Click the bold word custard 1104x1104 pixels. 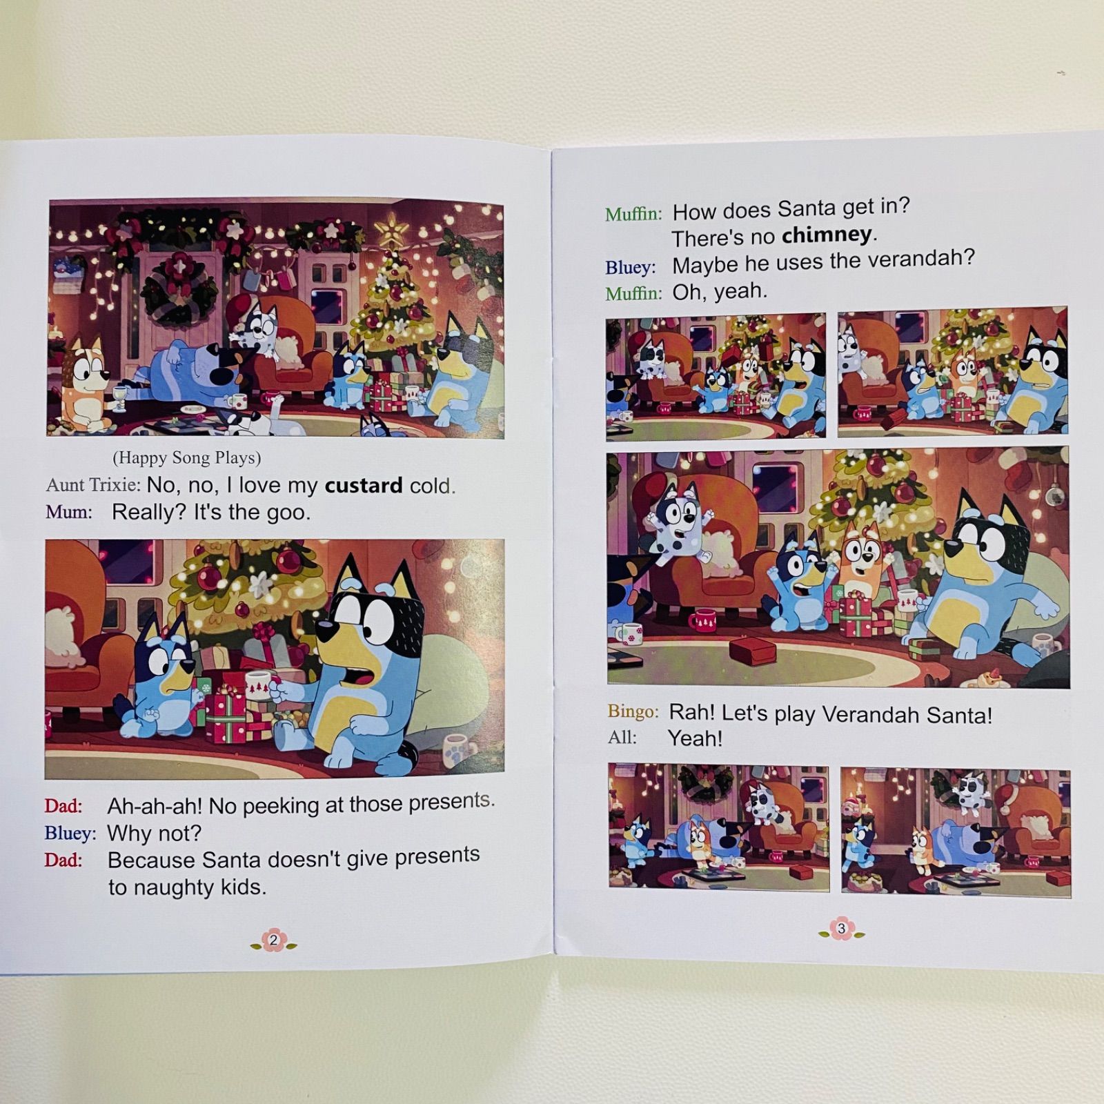364,486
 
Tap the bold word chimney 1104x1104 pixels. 827,235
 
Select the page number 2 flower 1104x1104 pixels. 273,940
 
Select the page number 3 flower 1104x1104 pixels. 841,929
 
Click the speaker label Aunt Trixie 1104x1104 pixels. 93,485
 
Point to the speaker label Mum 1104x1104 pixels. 68,512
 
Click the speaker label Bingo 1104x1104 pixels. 633,711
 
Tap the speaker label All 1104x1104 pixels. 622,738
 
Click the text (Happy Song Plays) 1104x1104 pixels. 186,457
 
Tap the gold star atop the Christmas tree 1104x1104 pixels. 391,230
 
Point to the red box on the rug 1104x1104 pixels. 752,650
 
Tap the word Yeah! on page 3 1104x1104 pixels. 695,738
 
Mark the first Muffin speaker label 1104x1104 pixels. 633,214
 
